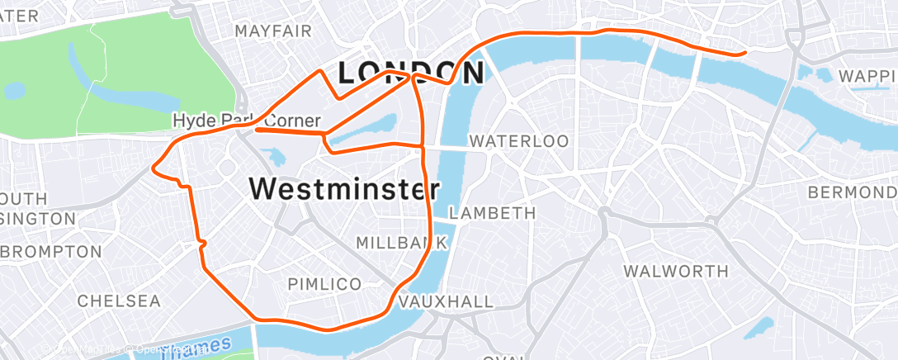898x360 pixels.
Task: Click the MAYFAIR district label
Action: pyautogui.click(x=273, y=31)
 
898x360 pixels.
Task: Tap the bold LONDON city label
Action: pyautogui.click(x=410, y=73)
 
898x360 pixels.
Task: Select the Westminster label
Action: pyautogui.click(x=343, y=189)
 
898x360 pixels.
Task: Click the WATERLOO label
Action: pyautogui.click(x=518, y=141)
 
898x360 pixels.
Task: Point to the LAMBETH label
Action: pyautogui.click(x=493, y=213)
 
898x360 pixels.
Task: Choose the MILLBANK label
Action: pyautogui.click(x=401, y=243)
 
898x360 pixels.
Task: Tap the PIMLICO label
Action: pyautogui.click(x=324, y=284)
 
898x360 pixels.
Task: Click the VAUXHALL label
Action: pyautogui.click(x=446, y=302)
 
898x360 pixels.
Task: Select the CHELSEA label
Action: pyautogui.click(x=119, y=301)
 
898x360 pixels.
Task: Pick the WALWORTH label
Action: pyautogui.click(x=676, y=271)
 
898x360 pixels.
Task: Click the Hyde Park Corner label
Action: pyautogui.click(x=246, y=121)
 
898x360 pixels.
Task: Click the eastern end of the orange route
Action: pyautogui.click(x=744, y=53)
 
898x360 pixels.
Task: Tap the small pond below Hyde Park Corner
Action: pyautogui.click(x=270, y=157)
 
